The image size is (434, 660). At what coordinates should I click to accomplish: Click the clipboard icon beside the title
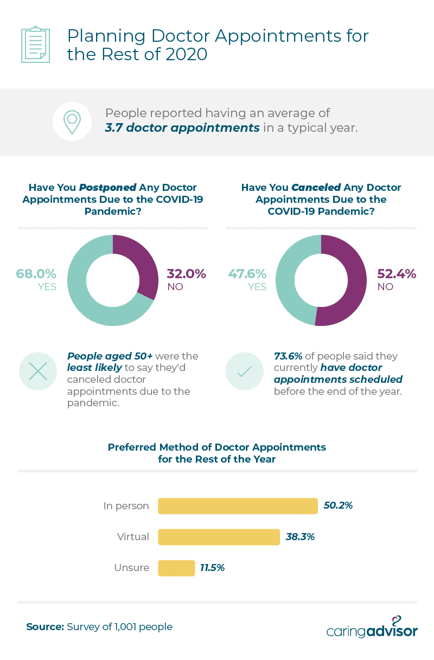(x=35, y=44)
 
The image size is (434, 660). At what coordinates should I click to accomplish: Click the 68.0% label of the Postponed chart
(x=36, y=273)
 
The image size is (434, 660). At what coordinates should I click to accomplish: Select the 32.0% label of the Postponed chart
(x=187, y=273)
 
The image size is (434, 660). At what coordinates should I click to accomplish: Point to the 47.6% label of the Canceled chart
(x=247, y=273)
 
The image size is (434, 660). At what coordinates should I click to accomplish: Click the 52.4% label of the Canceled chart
(x=397, y=273)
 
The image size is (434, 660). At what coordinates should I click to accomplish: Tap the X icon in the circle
(x=37, y=371)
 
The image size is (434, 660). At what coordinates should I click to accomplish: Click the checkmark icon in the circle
(x=244, y=371)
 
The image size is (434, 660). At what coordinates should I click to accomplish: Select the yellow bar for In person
(x=238, y=506)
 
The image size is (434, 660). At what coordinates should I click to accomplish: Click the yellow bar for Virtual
(x=219, y=537)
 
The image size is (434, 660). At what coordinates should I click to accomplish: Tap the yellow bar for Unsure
(x=176, y=568)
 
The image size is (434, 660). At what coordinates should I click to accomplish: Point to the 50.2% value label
(x=339, y=505)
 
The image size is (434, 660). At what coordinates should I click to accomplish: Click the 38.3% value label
(x=301, y=537)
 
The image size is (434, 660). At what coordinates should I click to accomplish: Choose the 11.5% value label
(x=213, y=568)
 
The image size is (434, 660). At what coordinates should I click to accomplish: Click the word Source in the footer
(x=45, y=627)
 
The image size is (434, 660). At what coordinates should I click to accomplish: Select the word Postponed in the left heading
(x=107, y=188)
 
